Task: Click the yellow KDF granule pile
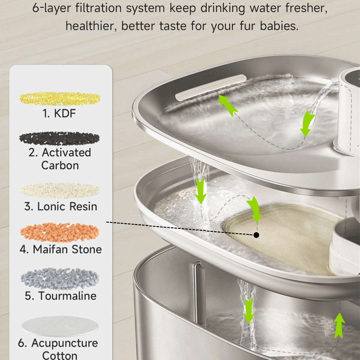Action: [x=60, y=98]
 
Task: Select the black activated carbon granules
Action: [x=59, y=138]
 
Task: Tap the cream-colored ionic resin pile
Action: [x=60, y=190]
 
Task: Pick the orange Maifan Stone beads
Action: [x=60, y=232]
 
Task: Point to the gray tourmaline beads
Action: [x=60, y=278]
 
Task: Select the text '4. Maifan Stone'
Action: [x=61, y=249]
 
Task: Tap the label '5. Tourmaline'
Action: [x=61, y=296]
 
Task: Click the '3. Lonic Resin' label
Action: [x=61, y=206]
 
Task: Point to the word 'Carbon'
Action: [x=60, y=165]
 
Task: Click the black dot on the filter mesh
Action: [x=257, y=235]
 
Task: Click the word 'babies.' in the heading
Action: [x=280, y=25]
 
